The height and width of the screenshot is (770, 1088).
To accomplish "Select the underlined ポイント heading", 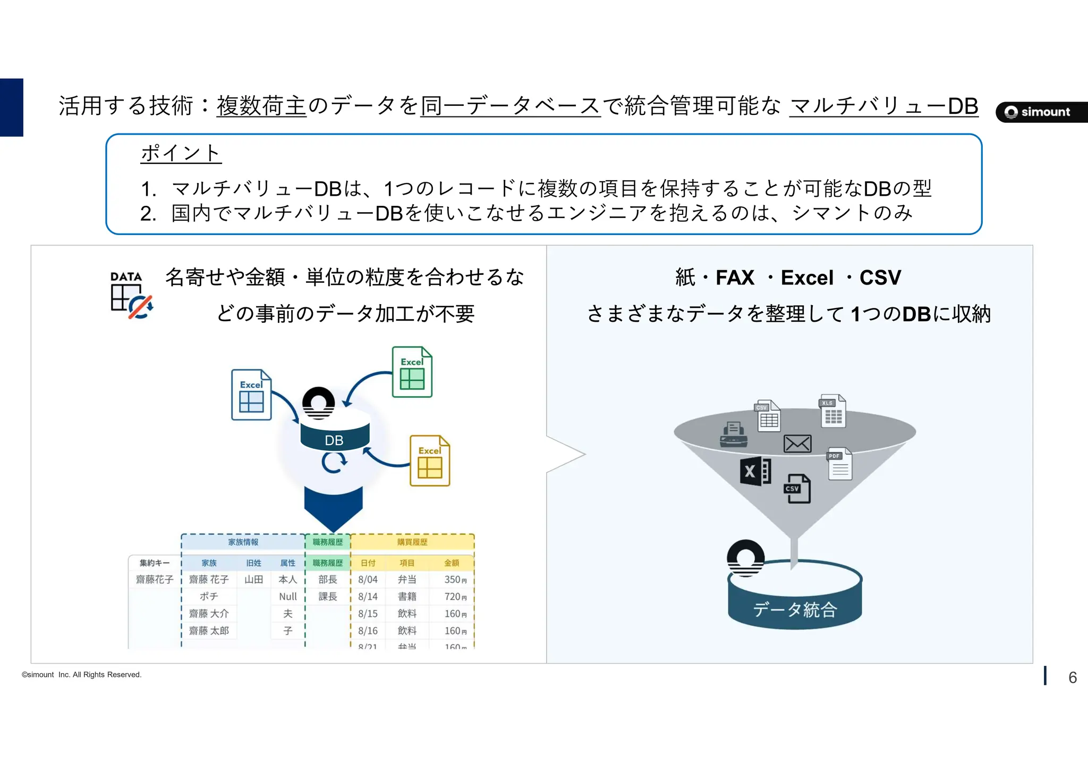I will click(x=181, y=153).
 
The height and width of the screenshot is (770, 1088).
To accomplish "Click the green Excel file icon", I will click(x=412, y=372).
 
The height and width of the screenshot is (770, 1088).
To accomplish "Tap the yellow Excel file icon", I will click(x=430, y=461).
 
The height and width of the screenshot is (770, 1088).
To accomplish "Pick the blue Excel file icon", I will click(x=251, y=395).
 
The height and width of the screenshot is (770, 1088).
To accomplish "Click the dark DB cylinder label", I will click(x=334, y=440).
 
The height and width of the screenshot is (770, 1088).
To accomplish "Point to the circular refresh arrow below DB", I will click(x=334, y=463).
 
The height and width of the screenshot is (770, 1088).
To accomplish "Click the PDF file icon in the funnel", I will click(x=839, y=464).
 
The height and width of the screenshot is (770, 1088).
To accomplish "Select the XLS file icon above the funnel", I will click(x=832, y=411).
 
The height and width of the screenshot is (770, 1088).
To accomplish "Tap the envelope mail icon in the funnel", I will click(x=797, y=443).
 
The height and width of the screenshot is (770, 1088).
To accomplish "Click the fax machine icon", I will click(x=734, y=434).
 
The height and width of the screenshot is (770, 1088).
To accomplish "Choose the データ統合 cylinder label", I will click(x=795, y=609).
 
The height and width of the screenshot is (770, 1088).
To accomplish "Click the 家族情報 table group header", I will click(x=243, y=542).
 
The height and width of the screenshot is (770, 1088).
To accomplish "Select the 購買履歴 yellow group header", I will click(x=412, y=542).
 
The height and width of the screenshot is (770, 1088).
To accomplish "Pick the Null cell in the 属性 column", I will click(x=288, y=597).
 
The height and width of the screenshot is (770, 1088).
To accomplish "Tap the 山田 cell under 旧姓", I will click(x=254, y=580).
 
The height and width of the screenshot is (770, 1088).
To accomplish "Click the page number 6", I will click(x=1073, y=677).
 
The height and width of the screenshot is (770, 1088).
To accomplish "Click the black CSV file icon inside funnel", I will click(x=797, y=489).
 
